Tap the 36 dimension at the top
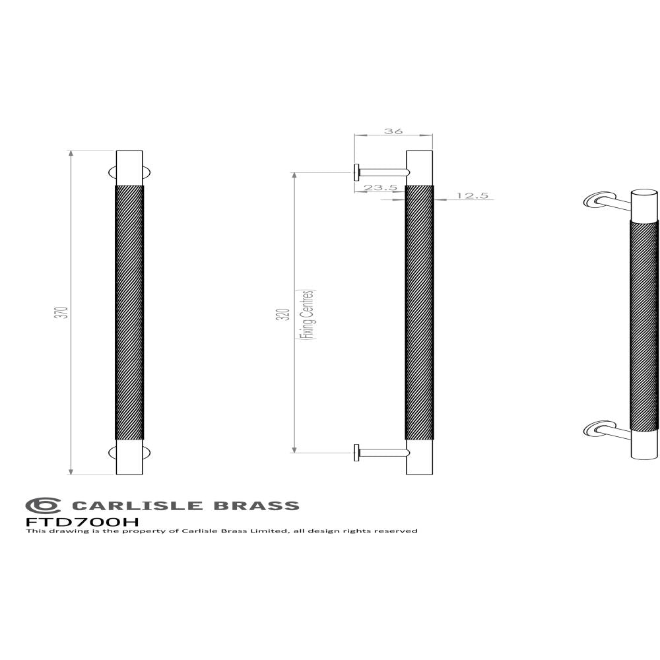(x=393, y=131)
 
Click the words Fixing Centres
(x=308, y=314)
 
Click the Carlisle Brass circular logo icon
(x=43, y=506)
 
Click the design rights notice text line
(x=221, y=531)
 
